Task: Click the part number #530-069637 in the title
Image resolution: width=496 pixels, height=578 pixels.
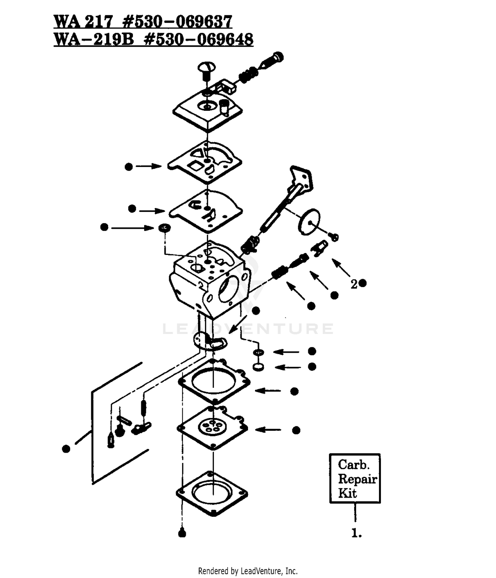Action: pos(177,22)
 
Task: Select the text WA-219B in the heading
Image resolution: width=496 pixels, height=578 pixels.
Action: pos(94,39)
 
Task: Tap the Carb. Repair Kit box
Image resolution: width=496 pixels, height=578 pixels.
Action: pos(355,478)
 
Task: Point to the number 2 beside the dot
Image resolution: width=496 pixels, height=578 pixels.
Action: pos(354,284)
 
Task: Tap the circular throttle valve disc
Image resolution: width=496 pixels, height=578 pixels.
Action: pos(309,221)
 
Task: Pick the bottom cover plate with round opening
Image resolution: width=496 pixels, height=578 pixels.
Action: pos(212,493)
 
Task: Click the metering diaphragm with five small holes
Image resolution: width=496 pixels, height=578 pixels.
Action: pos(212,428)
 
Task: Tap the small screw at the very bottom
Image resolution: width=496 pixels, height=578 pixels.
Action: pos(182,533)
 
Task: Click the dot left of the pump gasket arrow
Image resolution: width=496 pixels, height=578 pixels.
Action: pos(129,167)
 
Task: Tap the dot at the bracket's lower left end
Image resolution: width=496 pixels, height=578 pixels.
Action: pos(66,449)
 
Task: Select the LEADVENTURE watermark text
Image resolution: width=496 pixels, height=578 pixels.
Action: pos(248,329)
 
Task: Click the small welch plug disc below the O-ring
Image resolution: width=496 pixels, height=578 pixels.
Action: pos(258,367)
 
